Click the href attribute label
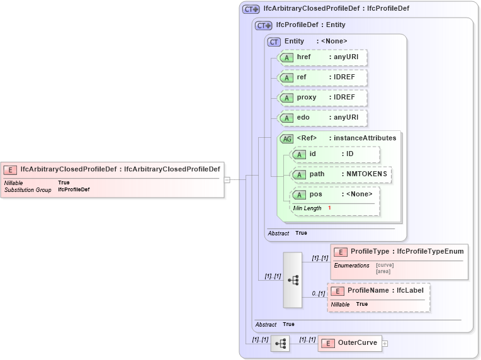(303, 57)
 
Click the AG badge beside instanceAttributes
(287, 138)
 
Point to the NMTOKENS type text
(366, 174)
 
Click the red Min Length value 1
(329, 208)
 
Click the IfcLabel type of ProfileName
(410, 291)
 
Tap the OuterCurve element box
(349, 343)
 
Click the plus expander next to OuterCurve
(385, 344)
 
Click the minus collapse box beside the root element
(227, 179)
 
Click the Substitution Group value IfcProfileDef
(74, 189)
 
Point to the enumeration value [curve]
(385, 265)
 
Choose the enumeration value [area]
(383, 271)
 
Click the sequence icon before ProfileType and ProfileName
(293, 280)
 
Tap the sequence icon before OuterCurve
(280, 343)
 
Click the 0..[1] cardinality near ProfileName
(319, 293)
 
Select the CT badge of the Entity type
(274, 42)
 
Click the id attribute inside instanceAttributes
(313, 154)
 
